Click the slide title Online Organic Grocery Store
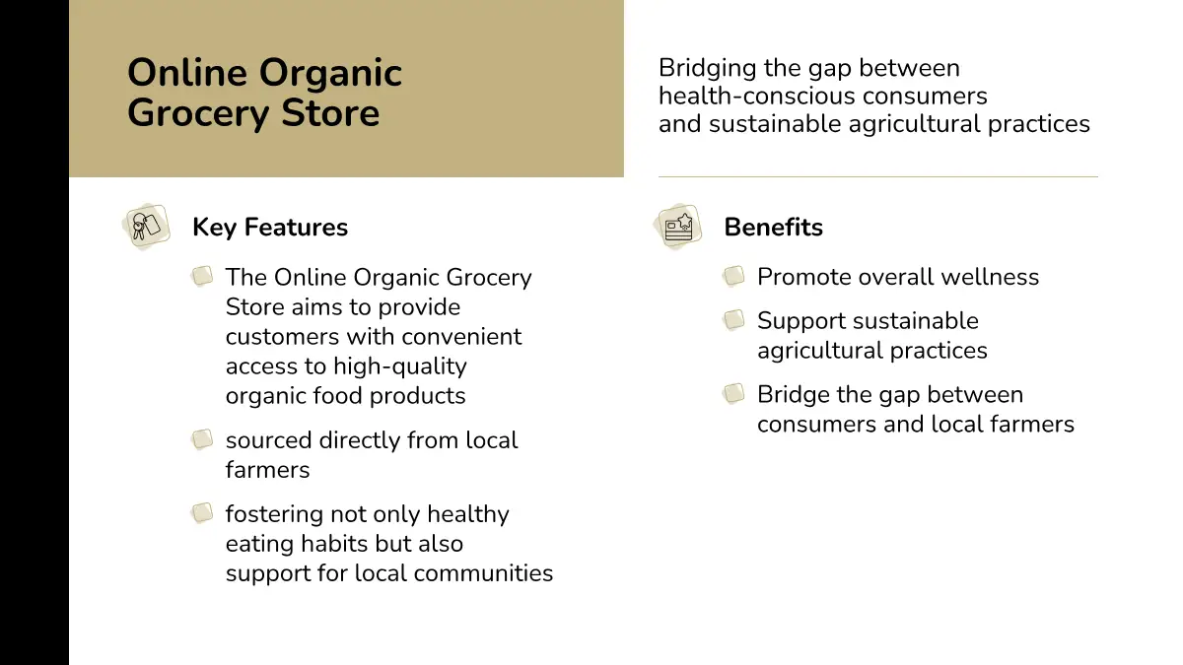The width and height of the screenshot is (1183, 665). [264, 93]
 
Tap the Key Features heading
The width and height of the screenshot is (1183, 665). [270, 228]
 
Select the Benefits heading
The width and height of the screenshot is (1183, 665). [773, 228]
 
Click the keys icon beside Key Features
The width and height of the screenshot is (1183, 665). [146, 227]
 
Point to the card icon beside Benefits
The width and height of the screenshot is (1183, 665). [678, 227]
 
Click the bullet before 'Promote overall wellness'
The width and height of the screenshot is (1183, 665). [733, 276]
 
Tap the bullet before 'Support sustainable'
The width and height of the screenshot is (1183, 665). [733, 320]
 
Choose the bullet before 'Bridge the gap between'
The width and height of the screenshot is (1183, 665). [733, 394]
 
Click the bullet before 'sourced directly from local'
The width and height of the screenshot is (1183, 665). [202, 439]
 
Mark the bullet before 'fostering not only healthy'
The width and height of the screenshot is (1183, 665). [202, 513]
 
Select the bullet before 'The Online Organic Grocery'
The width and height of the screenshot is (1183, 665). [202, 276]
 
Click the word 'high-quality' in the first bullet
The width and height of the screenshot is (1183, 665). [400, 367]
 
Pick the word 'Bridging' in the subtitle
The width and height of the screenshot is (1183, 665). [707, 69]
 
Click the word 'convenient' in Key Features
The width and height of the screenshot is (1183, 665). [455, 337]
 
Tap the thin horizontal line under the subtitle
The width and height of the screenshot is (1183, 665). [878, 176]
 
